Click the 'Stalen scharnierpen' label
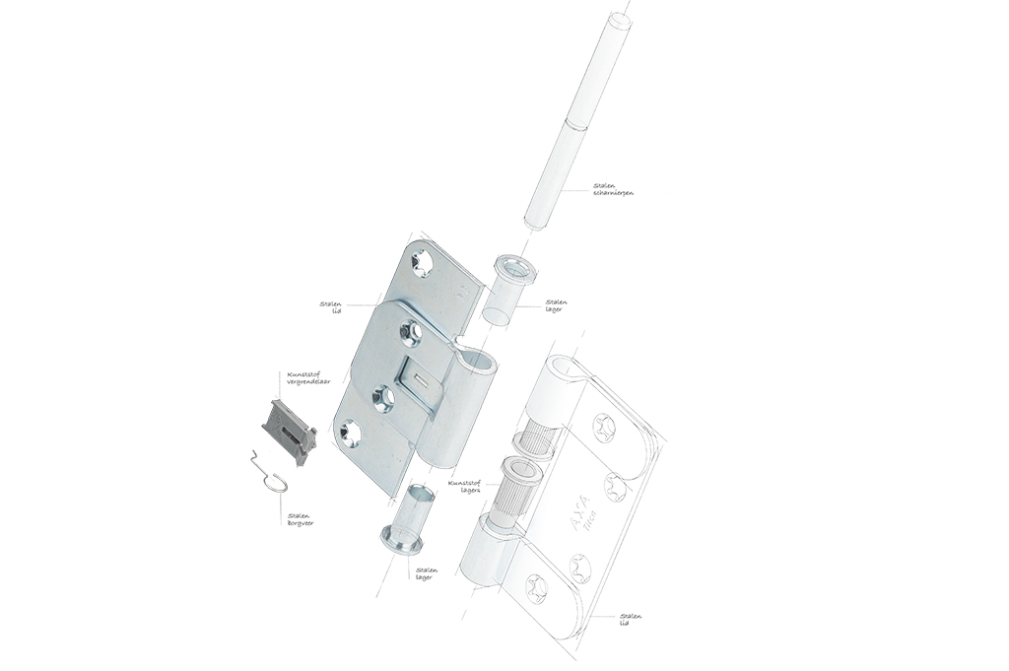click(614, 189)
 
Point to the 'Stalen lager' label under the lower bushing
click(427, 572)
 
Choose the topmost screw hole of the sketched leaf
click(603, 427)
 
